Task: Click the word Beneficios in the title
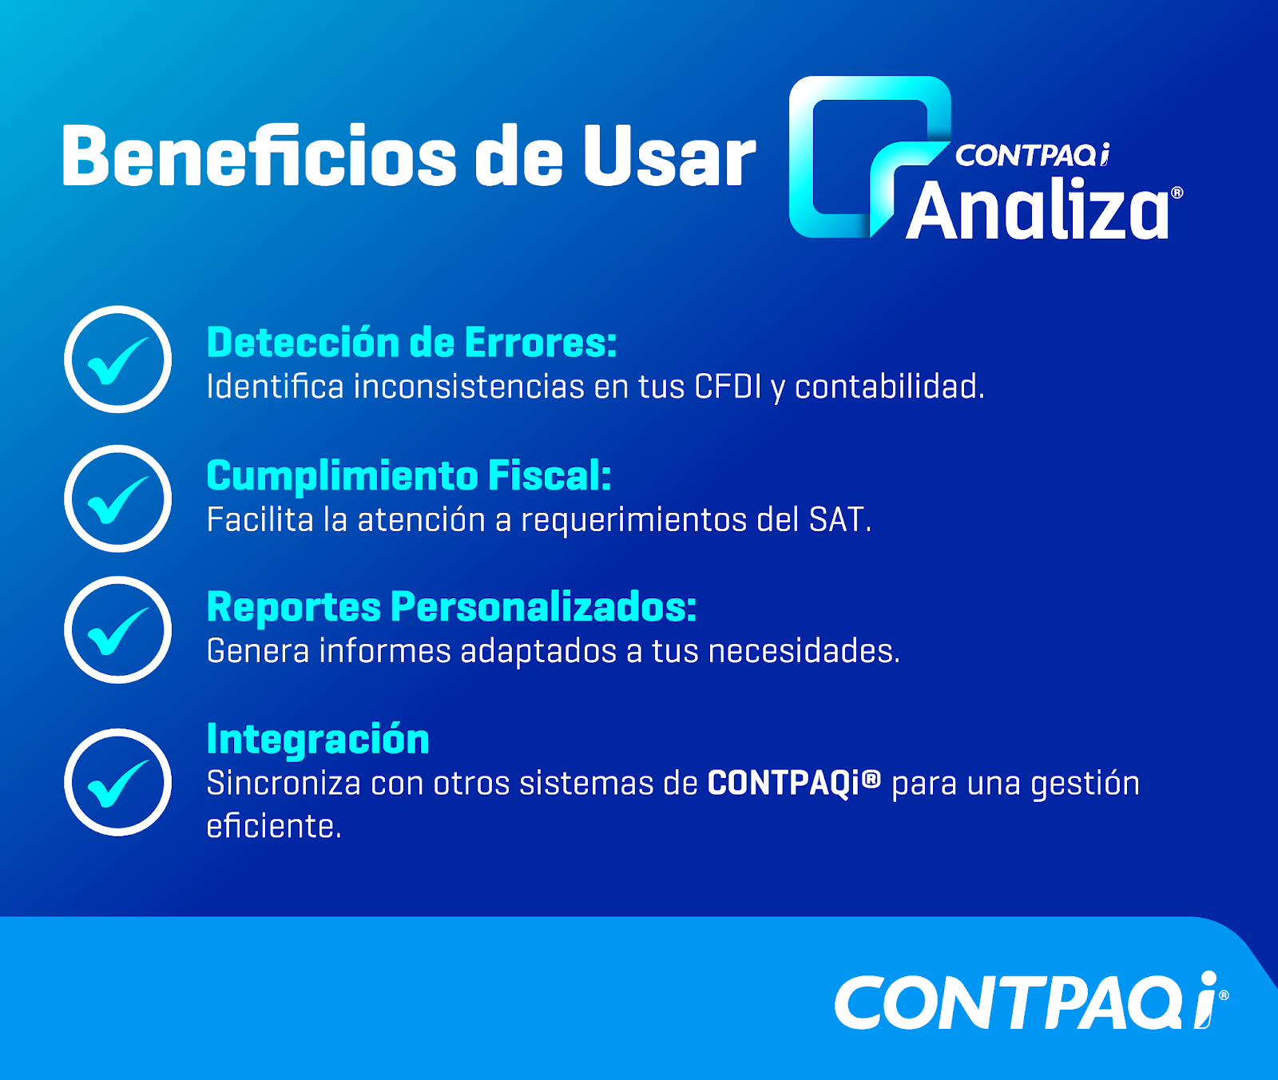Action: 259,156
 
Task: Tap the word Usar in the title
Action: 669,156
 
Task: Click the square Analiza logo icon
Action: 870,157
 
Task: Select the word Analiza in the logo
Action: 1038,210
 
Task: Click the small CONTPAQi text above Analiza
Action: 1032,155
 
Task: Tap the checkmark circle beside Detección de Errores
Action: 118,359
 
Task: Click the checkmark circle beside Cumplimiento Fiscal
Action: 118,498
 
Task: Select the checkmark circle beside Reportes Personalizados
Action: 118,629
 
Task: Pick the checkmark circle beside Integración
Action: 118,782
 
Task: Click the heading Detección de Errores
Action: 411,342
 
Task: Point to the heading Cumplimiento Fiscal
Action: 409,476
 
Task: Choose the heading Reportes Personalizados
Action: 451,607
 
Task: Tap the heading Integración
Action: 318,739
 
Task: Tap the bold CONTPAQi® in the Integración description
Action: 794,783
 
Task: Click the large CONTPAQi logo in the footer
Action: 1031,1001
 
